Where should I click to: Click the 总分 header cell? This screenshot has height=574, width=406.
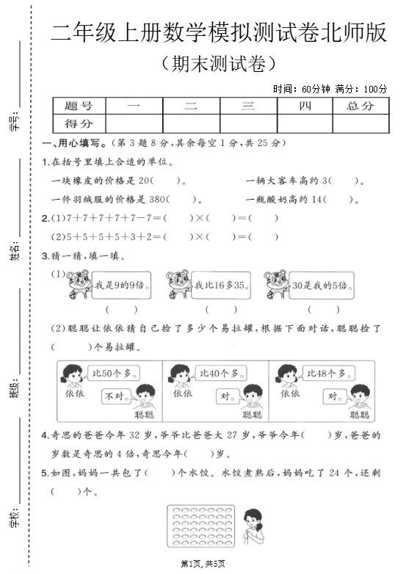[x=359, y=106]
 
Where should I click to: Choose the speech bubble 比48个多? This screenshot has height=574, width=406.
[x=326, y=374]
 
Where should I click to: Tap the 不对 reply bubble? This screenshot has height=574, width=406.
[x=117, y=397]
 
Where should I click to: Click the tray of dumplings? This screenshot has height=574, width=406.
[x=198, y=526]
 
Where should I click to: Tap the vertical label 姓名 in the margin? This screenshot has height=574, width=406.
[x=15, y=252]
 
